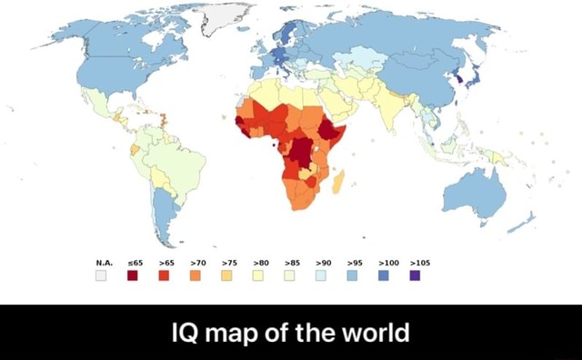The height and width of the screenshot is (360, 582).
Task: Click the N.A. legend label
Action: click(x=103, y=261)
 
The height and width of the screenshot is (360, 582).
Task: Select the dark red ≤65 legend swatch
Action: click(x=134, y=275)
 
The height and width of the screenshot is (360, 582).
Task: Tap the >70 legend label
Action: click(x=199, y=261)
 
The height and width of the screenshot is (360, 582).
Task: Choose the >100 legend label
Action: click(x=385, y=261)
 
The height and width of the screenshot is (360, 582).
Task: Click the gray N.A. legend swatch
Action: click(x=103, y=275)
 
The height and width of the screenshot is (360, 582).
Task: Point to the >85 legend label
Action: click(x=292, y=261)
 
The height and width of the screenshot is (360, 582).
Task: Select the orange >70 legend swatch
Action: click(x=196, y=275)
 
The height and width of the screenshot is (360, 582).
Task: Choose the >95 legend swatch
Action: click(x=354, y=275)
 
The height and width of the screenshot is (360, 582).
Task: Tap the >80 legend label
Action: click(x=261, y=261)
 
